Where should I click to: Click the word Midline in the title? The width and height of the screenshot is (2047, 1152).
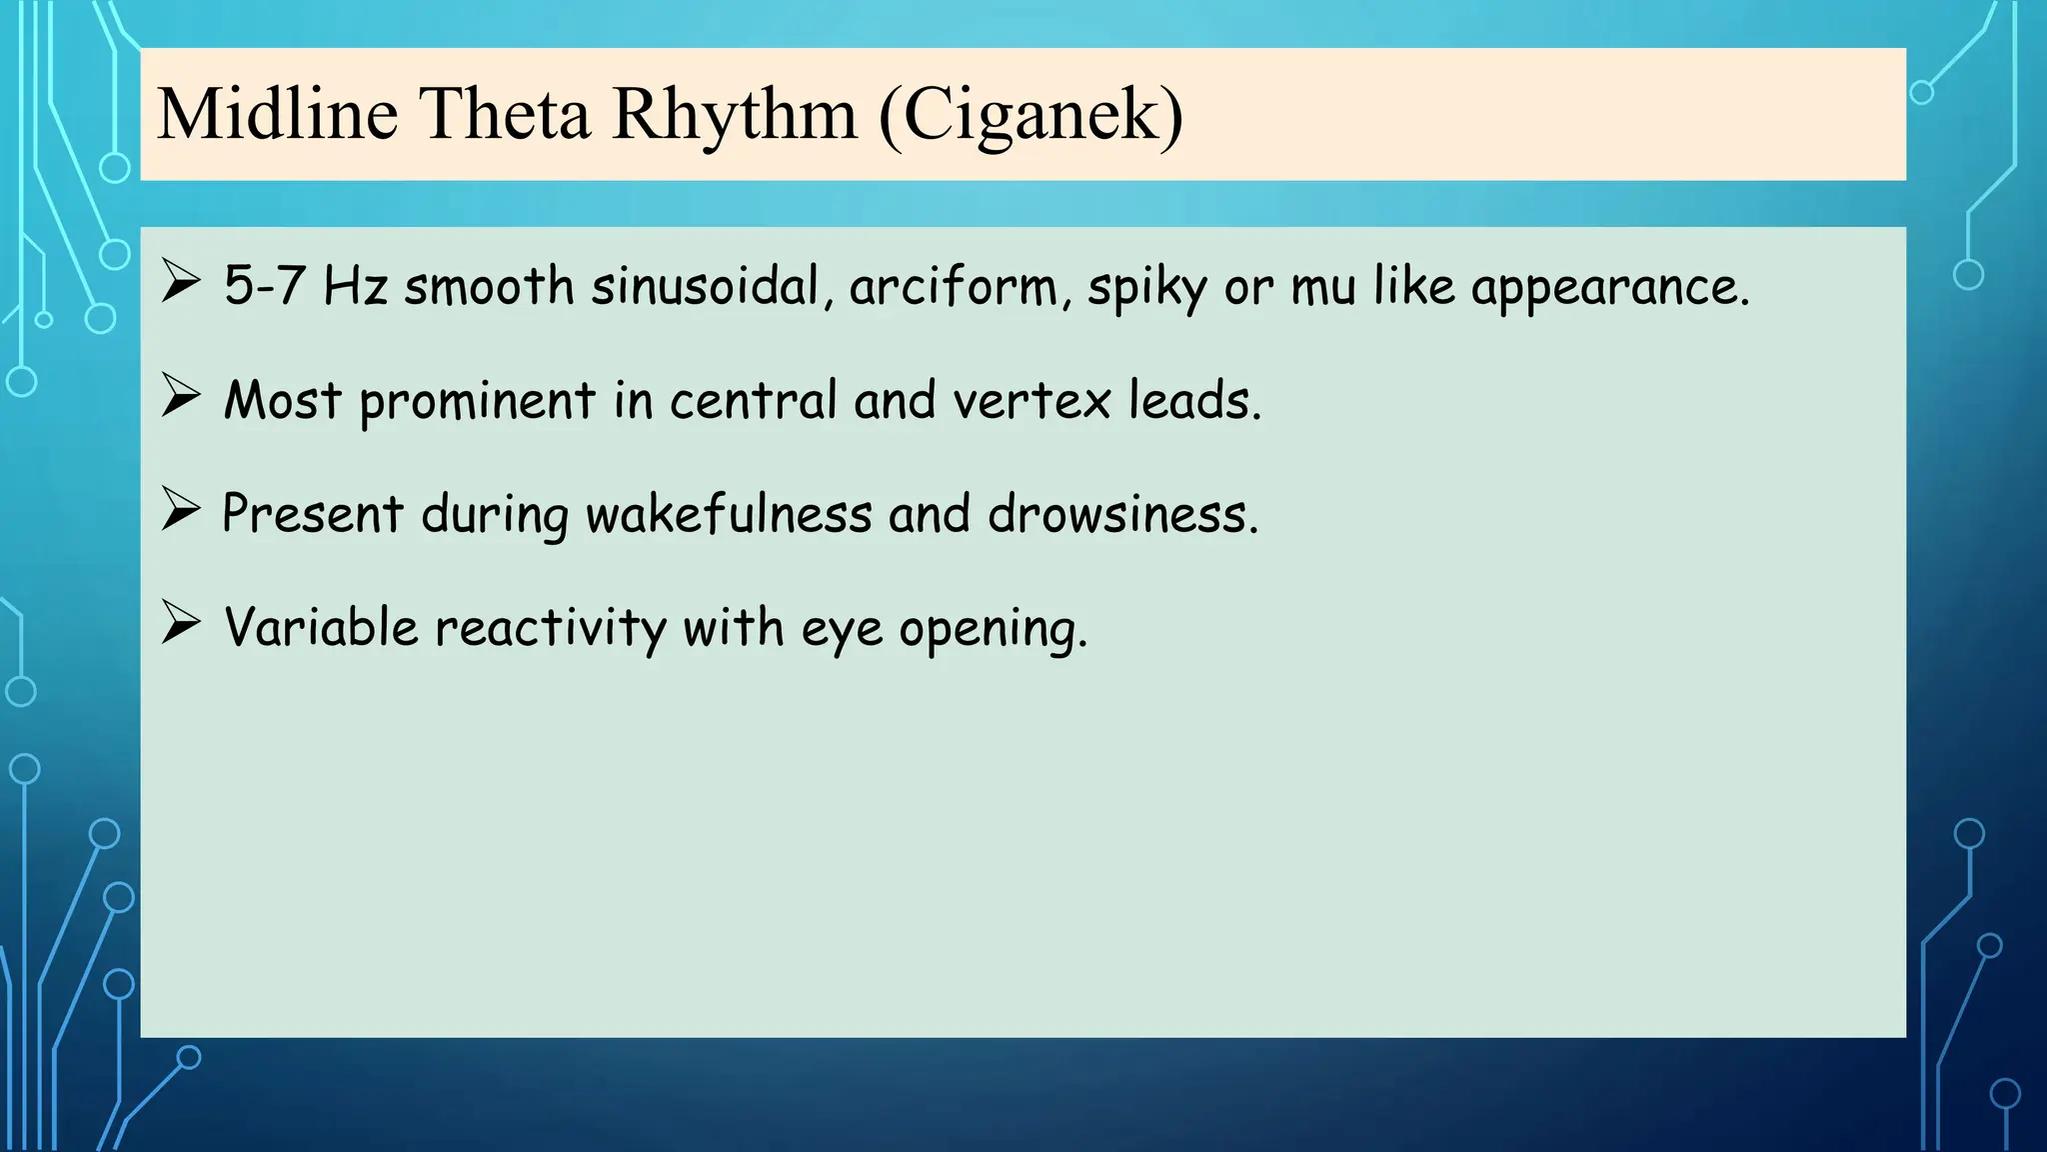pos(278,113)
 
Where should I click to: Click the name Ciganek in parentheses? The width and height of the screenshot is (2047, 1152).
pos(1030,115)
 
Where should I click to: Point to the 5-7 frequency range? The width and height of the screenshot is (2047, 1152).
pos(264,286)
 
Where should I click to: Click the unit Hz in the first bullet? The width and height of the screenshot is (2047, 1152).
pos(355,286)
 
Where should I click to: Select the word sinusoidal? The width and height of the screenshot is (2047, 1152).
pos(704,286)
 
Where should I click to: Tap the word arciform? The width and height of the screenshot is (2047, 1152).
pos(954,286)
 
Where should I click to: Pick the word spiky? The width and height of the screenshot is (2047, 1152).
pos(1146,288)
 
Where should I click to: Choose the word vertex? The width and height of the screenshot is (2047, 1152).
pos(1030,401)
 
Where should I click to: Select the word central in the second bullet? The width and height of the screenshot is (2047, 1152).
pos(753,400)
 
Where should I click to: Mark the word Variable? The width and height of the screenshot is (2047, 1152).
pos(321,628)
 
